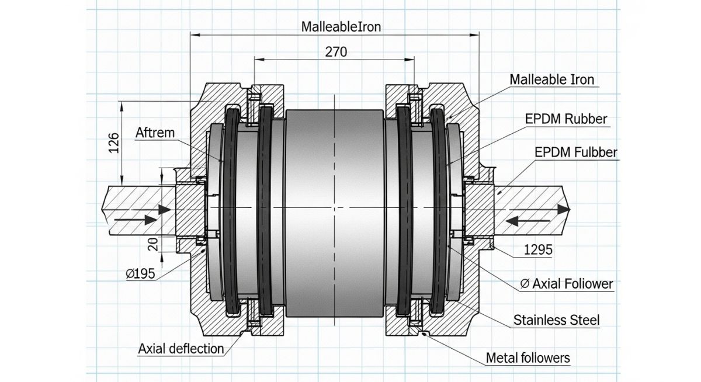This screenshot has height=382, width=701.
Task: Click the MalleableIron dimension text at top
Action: click(342, 27)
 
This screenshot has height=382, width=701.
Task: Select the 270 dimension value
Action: click(335, 51)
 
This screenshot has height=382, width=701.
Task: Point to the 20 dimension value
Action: click(152, 244)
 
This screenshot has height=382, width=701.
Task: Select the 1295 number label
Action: click(537, 250)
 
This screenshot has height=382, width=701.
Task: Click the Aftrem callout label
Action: click(155, 133)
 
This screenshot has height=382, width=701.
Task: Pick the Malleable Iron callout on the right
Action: click(552, 79)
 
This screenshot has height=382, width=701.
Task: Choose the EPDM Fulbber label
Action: click(576, 152)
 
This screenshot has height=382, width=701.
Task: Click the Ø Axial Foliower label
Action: click(566, 284)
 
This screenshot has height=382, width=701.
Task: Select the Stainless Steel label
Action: click(556, 320)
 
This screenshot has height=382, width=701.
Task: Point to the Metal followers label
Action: click(528, 357)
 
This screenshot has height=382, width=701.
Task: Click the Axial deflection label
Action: click(181, 349)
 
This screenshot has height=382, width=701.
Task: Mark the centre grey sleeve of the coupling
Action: click(334, 210)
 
